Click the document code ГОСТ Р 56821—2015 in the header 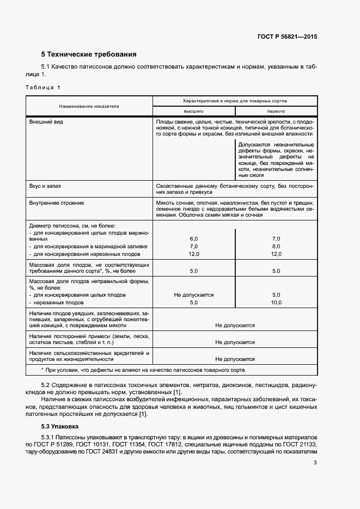click(x=287, y=37)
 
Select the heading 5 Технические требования click(x=89, y=54)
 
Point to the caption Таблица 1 click(x=43, y=87)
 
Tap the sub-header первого click(x=276, y=111)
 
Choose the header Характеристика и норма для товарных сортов click(x=235, y=101)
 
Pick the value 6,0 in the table click(x=193, y=239)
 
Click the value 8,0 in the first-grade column click(x=276, y=247)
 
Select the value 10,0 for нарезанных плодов click(x=276, y=302)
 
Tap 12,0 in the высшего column click(x=193, y=254)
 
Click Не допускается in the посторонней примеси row click(x=235, y=342)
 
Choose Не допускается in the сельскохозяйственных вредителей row click(x=235, y=359)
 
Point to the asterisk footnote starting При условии click(x=144, y=370)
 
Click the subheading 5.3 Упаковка click(x=60, y=426)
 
